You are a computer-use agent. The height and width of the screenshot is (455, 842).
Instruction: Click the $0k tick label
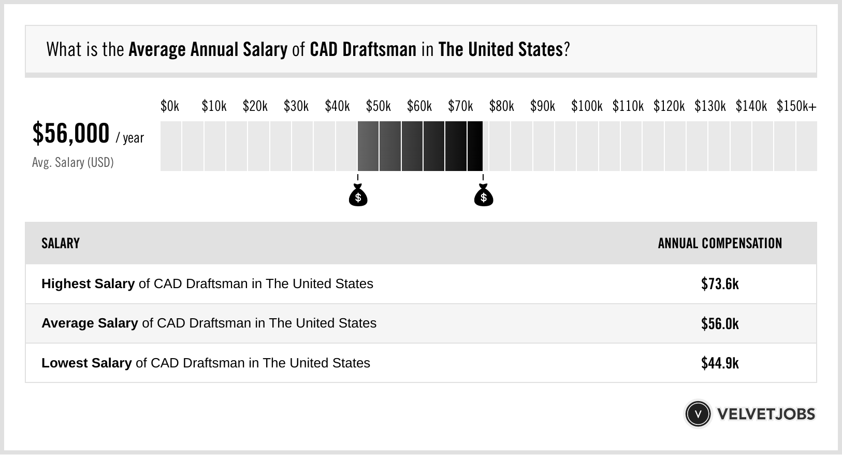[170, 106]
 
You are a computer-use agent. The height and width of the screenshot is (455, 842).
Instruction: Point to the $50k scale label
[378, 106]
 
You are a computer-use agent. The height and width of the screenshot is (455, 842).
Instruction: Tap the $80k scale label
[501, 106]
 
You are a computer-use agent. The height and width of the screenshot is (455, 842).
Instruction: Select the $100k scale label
[586, 106]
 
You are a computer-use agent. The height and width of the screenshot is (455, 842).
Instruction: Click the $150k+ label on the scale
[796, 106]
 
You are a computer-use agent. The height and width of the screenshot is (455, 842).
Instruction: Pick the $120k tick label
[669, 106]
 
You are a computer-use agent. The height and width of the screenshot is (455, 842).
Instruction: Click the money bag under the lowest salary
[358, 196]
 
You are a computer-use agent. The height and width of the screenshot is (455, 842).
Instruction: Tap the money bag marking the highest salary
[484, 196]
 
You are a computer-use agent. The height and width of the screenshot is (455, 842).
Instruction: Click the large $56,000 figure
[71, 134]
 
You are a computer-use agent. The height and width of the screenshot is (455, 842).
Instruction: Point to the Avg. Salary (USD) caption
[73, 163]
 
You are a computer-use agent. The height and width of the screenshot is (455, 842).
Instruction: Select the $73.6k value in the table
[720, 284]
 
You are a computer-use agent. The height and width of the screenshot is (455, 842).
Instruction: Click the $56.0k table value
[720, 324]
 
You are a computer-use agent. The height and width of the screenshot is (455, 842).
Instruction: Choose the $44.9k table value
[720, 363]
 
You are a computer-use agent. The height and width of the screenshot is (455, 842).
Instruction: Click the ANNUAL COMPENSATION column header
[720, 244]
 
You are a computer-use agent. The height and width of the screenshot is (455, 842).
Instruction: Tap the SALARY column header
[61, 244]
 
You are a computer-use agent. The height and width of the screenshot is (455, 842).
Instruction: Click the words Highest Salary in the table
[88, 284]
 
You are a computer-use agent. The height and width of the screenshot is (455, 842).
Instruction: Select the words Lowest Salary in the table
[86, 363]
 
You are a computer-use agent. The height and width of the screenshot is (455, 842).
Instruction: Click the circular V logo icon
[698, 414]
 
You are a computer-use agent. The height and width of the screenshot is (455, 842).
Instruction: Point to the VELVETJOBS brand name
[766, 414]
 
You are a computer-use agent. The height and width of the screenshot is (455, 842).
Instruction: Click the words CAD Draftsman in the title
[363, 50]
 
